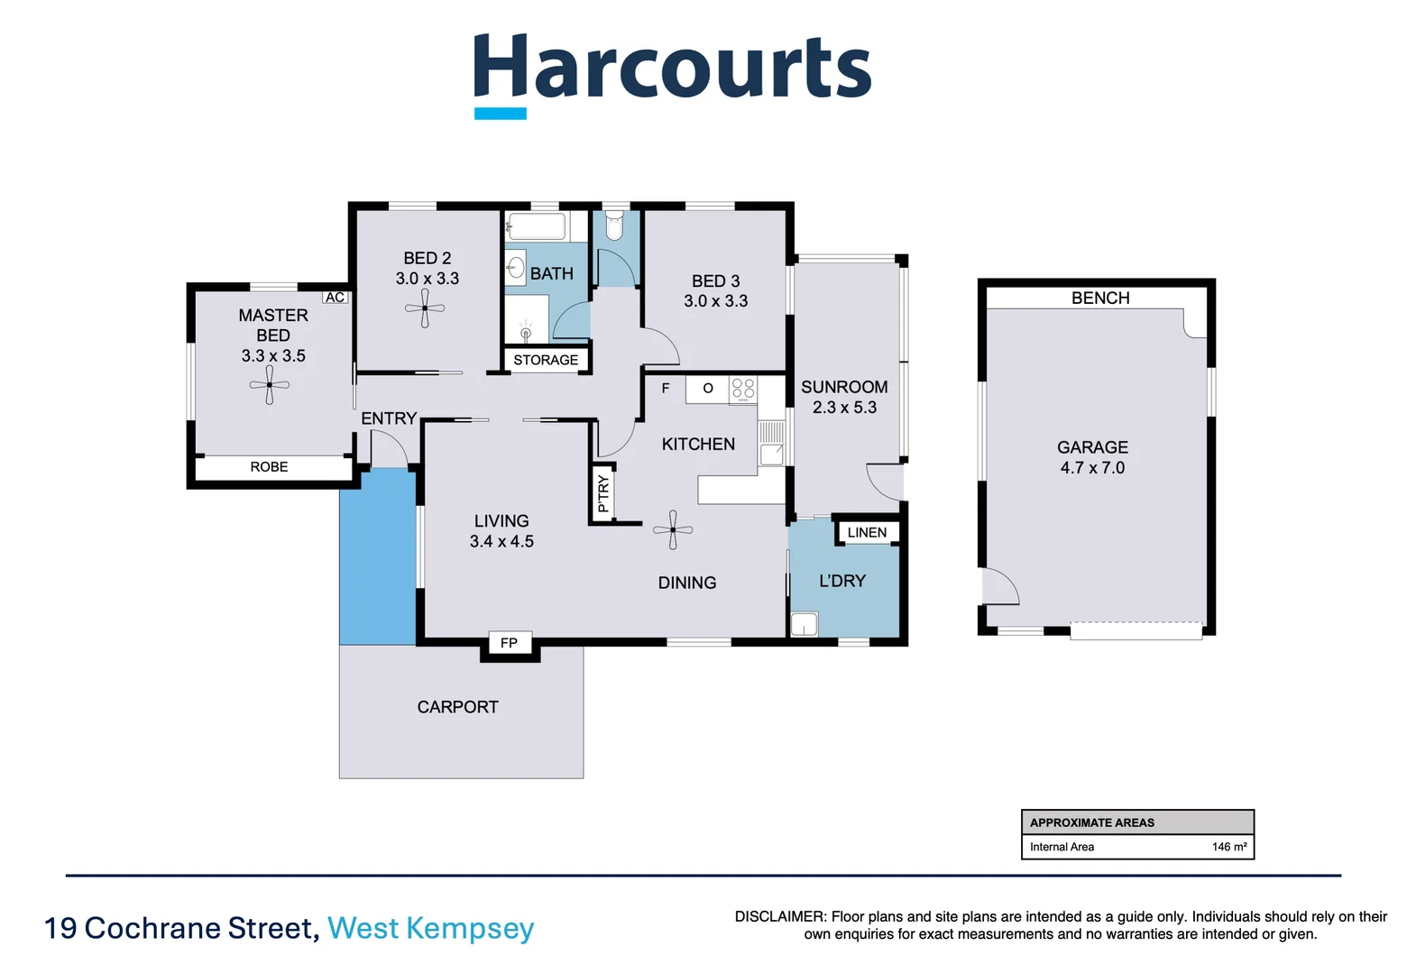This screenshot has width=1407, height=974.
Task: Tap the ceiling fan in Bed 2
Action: click(x=425, y=309)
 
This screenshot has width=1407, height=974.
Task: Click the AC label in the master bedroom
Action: click(x=335, y=298)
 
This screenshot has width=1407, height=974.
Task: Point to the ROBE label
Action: click(x=269, y=467)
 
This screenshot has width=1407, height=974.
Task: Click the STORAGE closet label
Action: click(x=546, y=360)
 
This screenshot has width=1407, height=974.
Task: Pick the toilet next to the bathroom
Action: click(x=614, y=226)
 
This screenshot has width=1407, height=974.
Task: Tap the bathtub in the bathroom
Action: click(x=536, y=226)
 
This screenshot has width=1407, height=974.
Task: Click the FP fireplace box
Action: click(x=509, y=643)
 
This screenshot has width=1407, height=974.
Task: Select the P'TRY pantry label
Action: click(x=603, y=493)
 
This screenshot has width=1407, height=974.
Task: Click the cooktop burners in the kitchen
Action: click(x=743, y=390)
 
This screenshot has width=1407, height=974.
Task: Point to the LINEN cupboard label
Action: click(x=867, y=533)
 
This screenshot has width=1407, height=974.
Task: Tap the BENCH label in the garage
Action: click(x=1099, y=298)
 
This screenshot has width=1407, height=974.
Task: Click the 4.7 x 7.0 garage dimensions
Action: click(x=1092, y=468)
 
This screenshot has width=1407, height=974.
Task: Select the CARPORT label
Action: click(x=457, y=707)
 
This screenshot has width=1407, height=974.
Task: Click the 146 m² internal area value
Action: click(x=1228, y=847)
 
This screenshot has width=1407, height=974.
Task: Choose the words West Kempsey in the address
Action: click(x=430, y=928)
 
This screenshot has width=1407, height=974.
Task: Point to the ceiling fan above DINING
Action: click(x=673, y=530)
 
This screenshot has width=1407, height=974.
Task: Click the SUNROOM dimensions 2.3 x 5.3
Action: click(x=844, y=408)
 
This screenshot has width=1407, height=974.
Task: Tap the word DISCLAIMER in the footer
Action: click(x=779, y=916)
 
